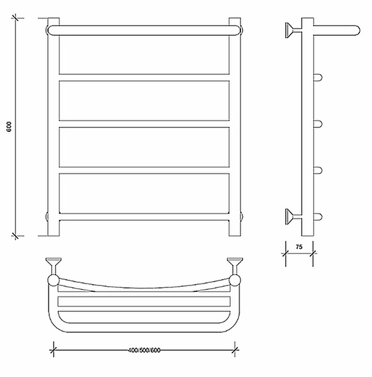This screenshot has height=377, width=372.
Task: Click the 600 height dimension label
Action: coord(9,127)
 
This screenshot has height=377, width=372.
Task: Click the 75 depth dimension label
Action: coord(299,247)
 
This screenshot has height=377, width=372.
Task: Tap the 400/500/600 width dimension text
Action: coord(144,350)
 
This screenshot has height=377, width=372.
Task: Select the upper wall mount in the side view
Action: coord(293,30)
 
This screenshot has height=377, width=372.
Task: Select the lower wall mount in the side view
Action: coord(293,216)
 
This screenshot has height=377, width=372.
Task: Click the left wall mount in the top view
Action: coord(53,266)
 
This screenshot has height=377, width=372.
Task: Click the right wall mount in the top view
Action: coord(235,266)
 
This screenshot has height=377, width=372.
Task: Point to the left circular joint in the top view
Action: coord(53,280)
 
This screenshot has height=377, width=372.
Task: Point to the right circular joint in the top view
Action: coord(235,280)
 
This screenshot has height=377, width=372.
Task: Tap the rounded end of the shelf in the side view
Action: coord(357,31)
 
